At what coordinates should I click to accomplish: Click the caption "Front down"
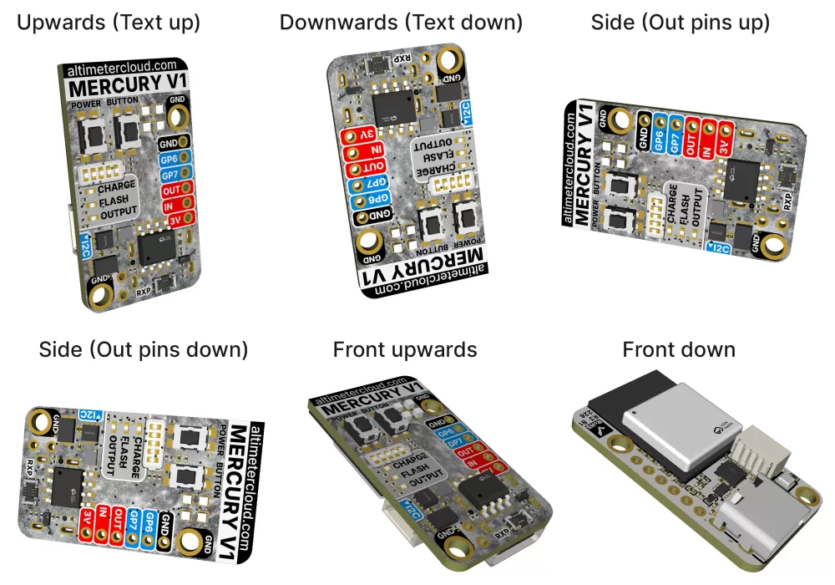pyautogui.click(x=679, y=349)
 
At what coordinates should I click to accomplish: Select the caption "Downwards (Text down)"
pyautogui.click(x=401, y=23)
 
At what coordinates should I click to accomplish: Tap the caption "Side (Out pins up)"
pyautogui.click(x=680, y=23)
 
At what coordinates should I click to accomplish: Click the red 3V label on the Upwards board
pyautogui.click(x=176, y=219)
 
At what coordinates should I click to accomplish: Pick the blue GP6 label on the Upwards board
pyautogui.click(x=170, y=159)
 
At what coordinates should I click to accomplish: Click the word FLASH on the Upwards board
pyautogui.click(x=115, y=201)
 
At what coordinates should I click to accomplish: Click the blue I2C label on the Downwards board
pyautogui.click(x=466, y=112)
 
